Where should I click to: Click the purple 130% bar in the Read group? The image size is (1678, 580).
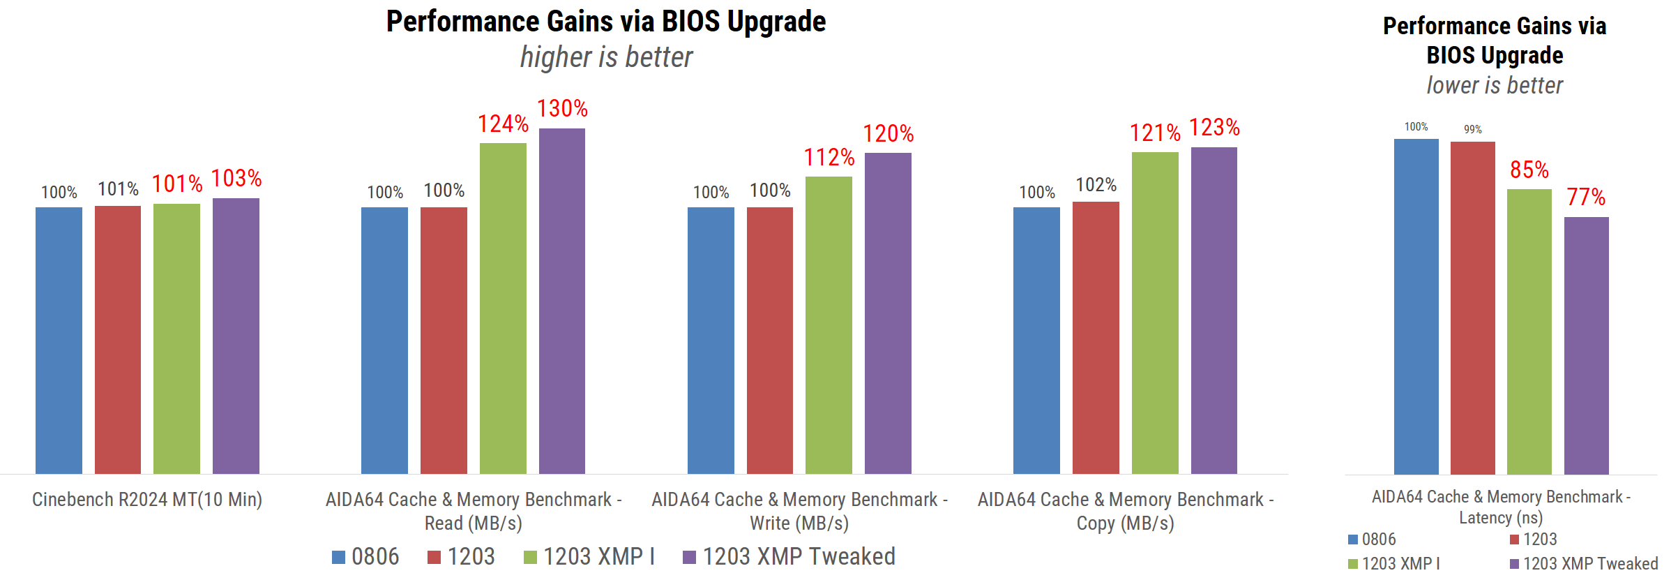562,301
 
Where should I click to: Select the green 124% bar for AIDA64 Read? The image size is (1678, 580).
503,308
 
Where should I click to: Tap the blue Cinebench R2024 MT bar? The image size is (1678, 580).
59,341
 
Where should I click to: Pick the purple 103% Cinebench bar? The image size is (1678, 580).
236,336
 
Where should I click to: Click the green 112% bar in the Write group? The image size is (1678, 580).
829,325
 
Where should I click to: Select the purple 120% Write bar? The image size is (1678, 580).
888,313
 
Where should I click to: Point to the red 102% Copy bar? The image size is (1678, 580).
1096,338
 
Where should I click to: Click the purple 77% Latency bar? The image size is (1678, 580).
1586,345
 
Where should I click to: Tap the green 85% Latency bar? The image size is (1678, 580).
1529,332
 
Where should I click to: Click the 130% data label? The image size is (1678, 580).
562,109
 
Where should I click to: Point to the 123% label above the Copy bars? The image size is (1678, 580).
1214,128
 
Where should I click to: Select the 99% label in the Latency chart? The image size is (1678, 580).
1473,129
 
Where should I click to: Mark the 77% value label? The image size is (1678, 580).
1586,198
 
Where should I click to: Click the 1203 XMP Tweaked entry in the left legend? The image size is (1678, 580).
789,556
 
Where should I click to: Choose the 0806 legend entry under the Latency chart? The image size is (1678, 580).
1372,539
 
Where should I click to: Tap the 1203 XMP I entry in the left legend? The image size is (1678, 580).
589,556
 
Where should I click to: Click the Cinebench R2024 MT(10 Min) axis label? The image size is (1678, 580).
147,500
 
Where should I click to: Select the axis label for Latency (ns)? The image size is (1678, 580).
1501,507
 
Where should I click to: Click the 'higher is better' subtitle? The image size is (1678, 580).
607,57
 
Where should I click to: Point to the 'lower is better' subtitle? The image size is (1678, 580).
1495,85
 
